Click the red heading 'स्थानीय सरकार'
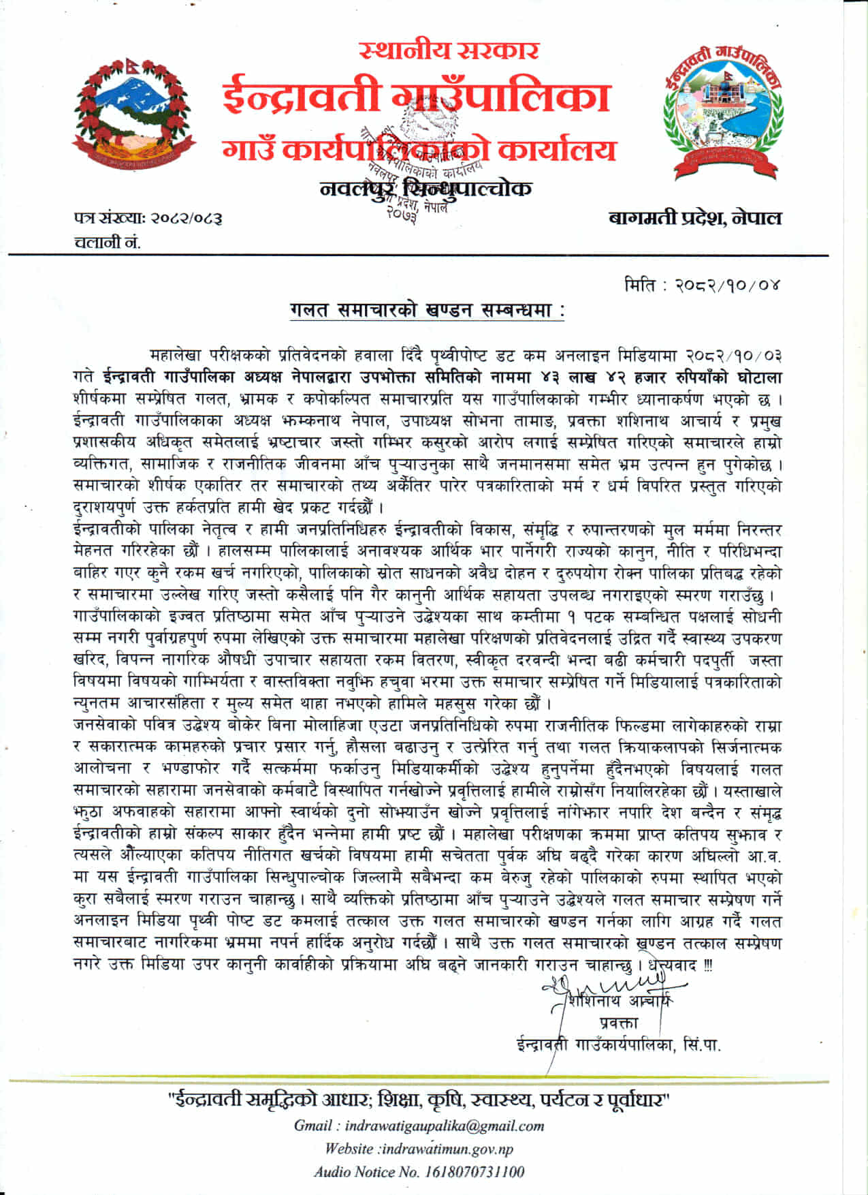click(x=449, y=50)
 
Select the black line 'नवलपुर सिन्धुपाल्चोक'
click(x=425, y=188)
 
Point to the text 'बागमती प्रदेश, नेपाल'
click(x=695, y=218)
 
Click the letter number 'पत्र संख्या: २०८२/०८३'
click(x=148, y=219)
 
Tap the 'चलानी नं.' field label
click(x=107, y=242)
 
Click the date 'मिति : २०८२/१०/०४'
click(x=702, y=284)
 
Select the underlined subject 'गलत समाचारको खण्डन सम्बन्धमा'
click(x=427, y=311)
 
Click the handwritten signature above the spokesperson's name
click(x=606, y=985)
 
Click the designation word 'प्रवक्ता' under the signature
click(x=618, y=1022)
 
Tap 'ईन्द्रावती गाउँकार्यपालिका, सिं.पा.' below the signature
click(x=618, y=1044)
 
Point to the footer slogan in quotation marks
click(x=419, y=1099)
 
